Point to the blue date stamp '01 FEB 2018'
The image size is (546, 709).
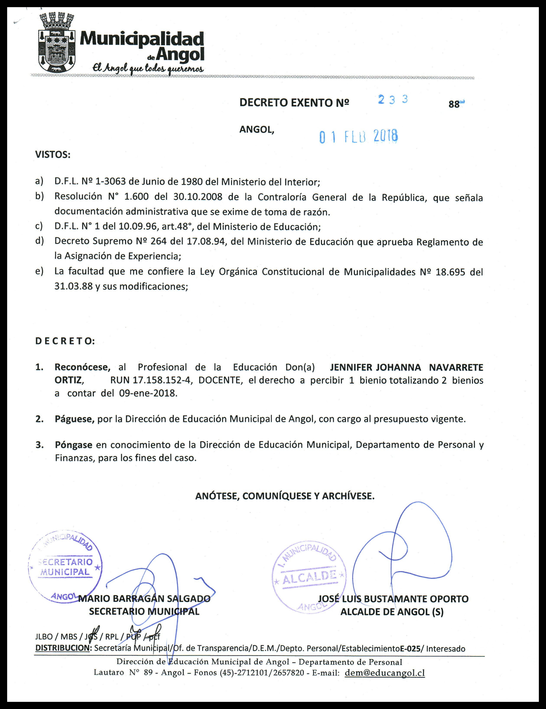coord(359,137)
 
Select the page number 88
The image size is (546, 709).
coord(454,104)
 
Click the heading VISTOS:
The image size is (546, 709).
coord(53,155)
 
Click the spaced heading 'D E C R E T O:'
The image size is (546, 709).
coord(65,341)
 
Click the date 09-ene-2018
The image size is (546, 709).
coord(148,394)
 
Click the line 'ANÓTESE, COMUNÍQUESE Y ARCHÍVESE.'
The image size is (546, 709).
coord(284,496)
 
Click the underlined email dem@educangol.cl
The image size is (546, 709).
coord(384,673)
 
